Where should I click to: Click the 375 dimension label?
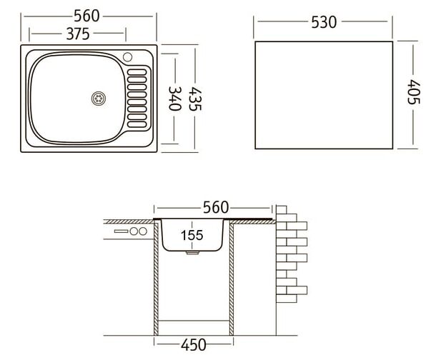click(78, 34)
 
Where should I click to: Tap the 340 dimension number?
click(174, 99)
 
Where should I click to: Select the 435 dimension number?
click(195, 99)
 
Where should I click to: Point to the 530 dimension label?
click(324, 22)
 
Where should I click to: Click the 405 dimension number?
click(413, 92)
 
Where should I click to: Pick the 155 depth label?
click(192, 235)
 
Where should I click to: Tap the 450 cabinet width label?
click(194, 345)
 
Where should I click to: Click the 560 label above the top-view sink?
click(86, 16)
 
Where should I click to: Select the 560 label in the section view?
click(216, 208)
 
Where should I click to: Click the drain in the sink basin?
click(99, 99)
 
